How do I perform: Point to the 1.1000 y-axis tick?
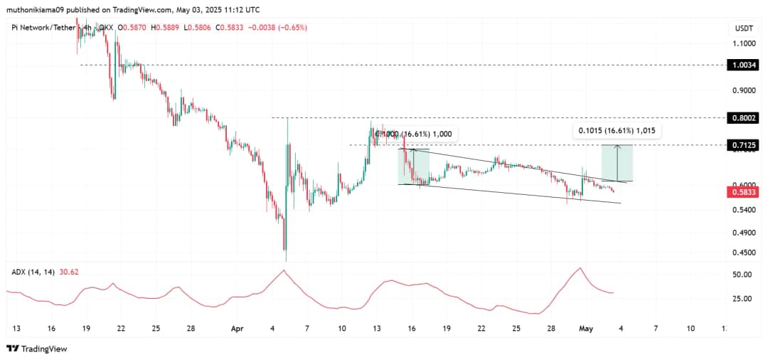[745, 43]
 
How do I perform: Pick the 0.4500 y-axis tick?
[745, 252]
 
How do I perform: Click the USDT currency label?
[744, 28]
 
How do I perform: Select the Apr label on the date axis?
[238, 329]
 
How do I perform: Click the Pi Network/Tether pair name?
[43, 28]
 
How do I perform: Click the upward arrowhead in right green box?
[617, 147]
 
